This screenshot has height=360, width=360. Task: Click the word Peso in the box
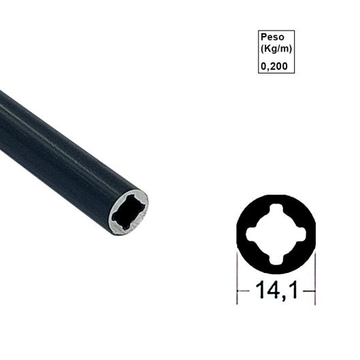click(x=272, y=38)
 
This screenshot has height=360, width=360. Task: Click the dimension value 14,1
click(x=276, y=291)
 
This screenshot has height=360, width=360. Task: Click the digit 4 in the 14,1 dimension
click(x=271, y=291)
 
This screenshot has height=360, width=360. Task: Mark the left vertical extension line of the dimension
click(x=236, y=276)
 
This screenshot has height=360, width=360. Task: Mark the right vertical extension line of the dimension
click(x=316, y=276)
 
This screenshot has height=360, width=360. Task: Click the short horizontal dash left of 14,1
click(x=243, y=291)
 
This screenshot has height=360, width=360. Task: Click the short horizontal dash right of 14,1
click(x=310, y=291)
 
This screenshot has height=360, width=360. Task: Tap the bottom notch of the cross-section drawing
click(x=276, y=259)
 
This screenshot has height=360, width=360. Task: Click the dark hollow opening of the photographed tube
click(x=127, y=211)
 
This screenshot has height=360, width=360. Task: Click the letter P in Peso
click(x=264, y=38)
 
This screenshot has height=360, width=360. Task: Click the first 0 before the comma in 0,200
click(x=263, y=67)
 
